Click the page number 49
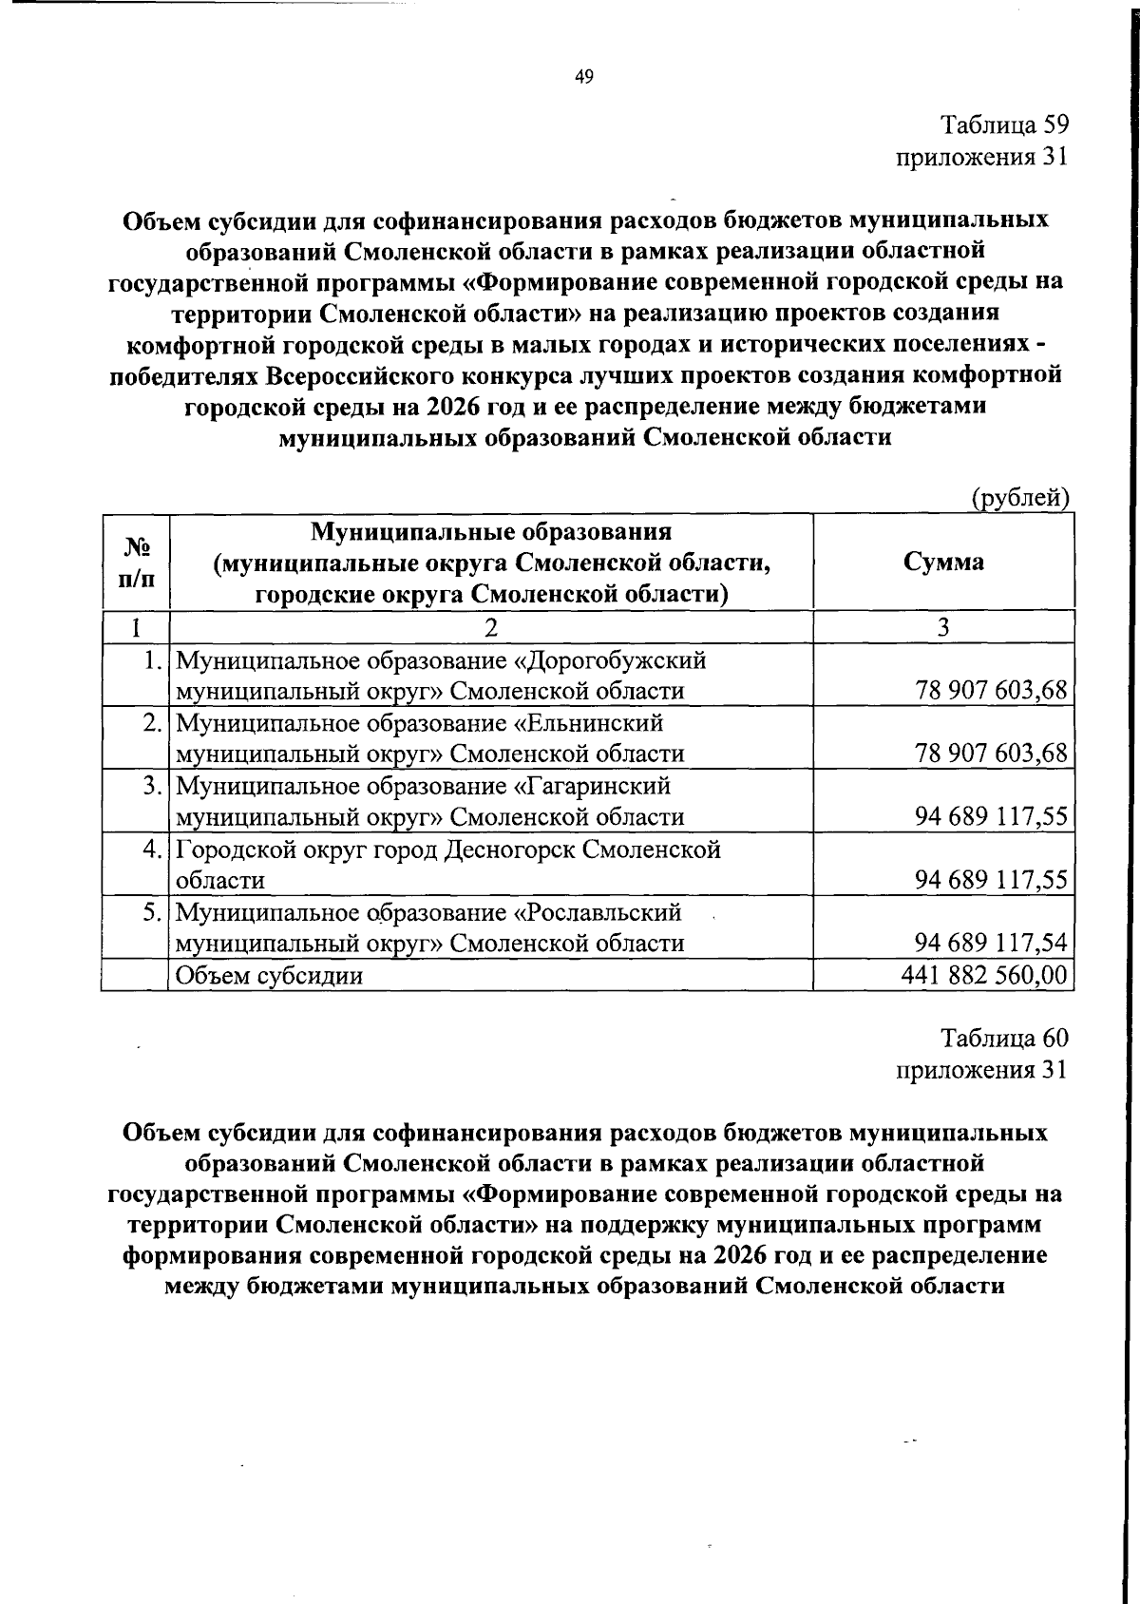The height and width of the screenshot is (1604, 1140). [583, 79]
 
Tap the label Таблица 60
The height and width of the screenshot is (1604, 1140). [1005, 1038]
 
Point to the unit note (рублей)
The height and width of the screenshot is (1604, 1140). [1019, 496]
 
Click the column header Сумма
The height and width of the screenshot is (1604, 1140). [943, 561]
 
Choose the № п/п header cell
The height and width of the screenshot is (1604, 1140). [135, 561]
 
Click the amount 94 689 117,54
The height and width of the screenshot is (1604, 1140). [991, 943]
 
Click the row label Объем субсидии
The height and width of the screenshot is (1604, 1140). [270, 975]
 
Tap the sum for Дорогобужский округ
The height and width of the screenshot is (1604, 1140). [991, 691]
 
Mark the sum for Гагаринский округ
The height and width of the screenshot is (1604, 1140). [991, 816]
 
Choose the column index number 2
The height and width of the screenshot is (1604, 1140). [490, 626]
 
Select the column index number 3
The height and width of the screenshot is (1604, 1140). [943, 626]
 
